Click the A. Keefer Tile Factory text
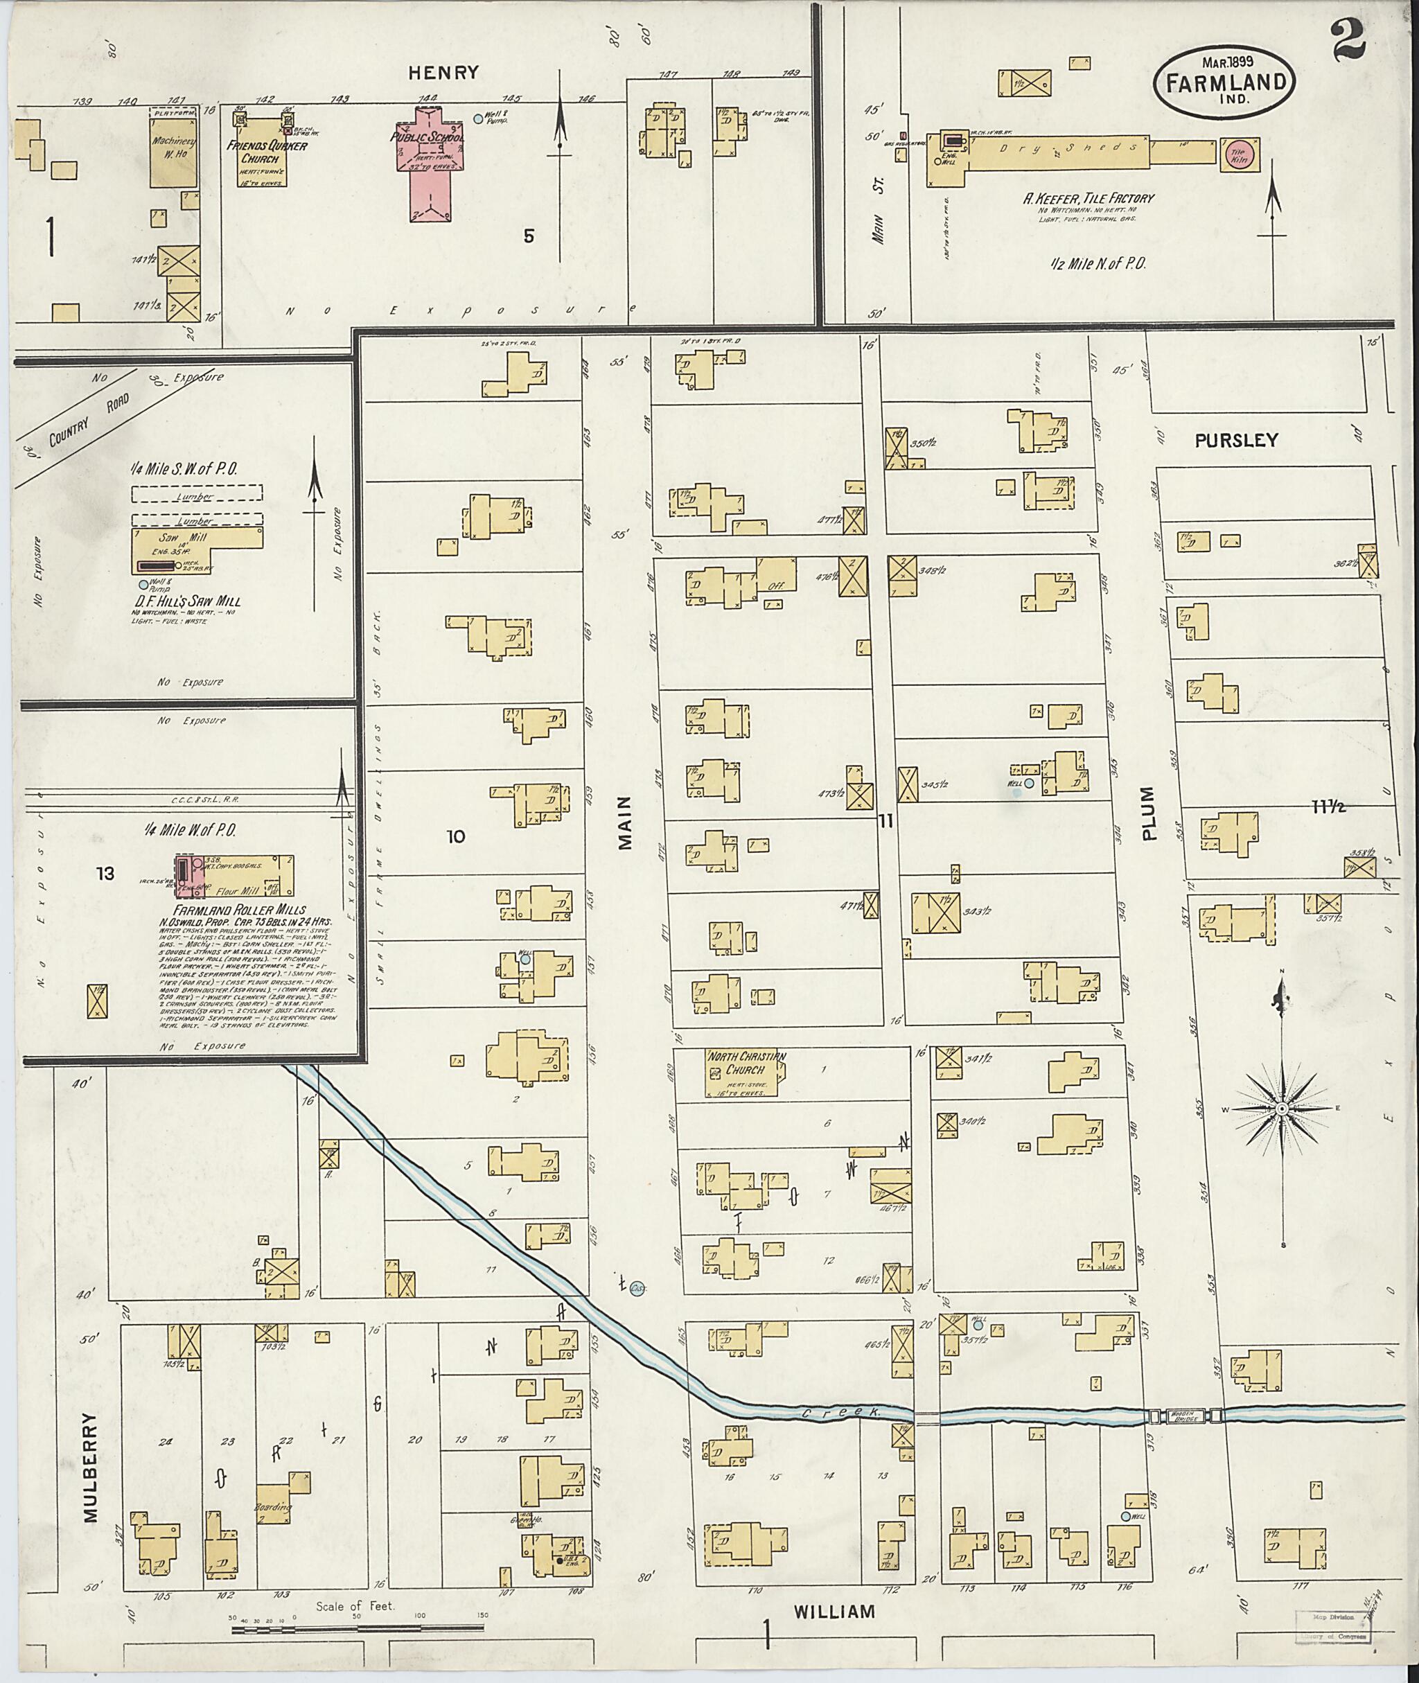pos(1088,198)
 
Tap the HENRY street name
pos(443,72)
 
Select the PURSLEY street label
pos(1235,440)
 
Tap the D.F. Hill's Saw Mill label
pos(191,601)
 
